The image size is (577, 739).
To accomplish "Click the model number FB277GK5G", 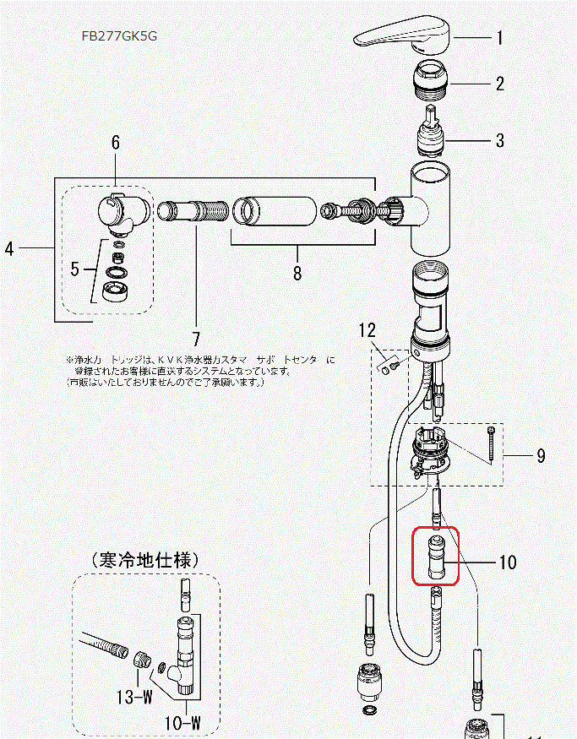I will [x=119, y=36].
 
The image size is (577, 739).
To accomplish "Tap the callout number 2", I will [x=499, y=84].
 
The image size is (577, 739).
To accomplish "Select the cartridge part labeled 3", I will [x=438, y=131].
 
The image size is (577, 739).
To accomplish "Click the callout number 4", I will [x=9, y=248].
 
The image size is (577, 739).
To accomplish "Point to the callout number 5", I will [x=77, y=270].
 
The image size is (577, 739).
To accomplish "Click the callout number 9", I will [x=541, y=456].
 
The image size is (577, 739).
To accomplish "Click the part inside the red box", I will [x=435, y=557].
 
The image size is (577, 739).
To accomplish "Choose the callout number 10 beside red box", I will [x=507, y=562].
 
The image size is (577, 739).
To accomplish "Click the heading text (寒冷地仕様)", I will [x=144, y=560].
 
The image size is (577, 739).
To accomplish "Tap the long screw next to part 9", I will [x=489, y=443].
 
